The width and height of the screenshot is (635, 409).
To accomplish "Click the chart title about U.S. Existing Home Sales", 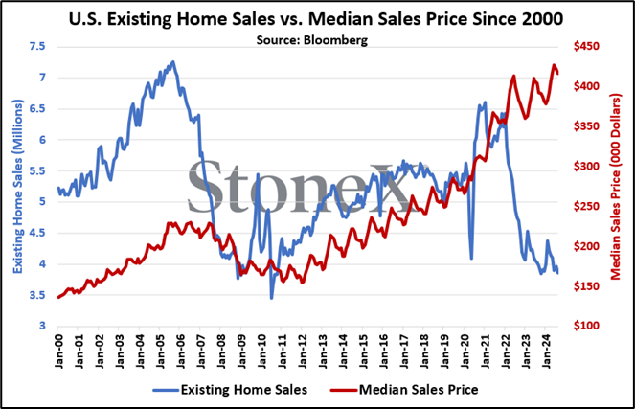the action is coord(316,19).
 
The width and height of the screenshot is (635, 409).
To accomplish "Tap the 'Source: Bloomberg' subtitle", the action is coord(312,40).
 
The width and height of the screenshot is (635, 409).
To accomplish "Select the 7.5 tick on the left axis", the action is coord(36,47).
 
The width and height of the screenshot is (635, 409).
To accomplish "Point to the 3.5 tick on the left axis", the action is coord(36,295).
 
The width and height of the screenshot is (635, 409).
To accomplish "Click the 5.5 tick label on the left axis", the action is coord(36,170).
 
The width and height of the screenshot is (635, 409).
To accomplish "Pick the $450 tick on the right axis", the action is coord(586,47).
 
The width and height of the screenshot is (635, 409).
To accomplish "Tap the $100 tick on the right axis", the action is coord(586,326).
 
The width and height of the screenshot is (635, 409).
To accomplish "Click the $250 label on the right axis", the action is coord(586,206).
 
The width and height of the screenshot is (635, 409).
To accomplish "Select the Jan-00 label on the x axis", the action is coord(59,352).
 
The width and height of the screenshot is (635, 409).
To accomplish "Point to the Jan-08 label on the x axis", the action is coord(221,352).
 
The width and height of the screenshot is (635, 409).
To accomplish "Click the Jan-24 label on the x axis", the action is coord(546,352).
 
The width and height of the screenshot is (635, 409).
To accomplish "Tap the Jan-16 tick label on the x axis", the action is coord(383,352).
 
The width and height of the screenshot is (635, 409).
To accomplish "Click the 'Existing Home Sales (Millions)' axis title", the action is coord(18,186).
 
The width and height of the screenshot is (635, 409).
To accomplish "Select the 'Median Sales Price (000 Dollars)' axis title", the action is coord(616,187).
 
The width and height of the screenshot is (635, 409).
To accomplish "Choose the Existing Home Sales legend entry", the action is coord(230,390).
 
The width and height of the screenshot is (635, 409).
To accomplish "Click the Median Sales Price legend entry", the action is coord(404,390).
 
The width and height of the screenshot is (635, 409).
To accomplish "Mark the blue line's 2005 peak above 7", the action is coord(173,62).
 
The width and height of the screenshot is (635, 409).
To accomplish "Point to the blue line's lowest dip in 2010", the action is coord(271,299).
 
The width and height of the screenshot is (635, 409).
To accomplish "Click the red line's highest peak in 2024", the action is coord(554,65).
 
